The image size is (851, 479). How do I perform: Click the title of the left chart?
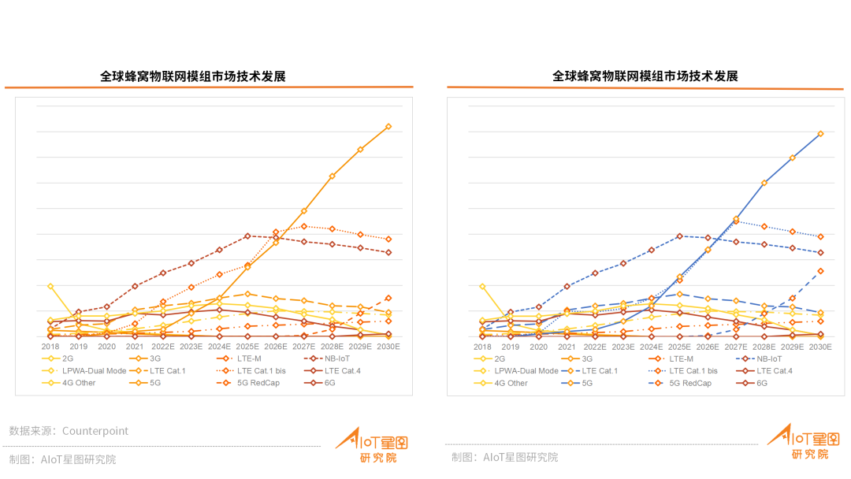tap(193, 76)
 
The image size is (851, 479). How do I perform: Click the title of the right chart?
tap(645, 76)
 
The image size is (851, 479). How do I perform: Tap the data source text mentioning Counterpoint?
tap(69, 431)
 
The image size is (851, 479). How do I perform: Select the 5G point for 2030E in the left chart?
tap(388, 126)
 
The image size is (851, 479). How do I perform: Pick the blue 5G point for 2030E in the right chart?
tap(820, 134)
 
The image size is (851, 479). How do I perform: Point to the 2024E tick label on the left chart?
tap(220, 347)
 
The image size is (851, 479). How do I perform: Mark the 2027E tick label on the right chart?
tap(736, 347)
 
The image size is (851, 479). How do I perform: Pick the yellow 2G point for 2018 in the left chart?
tap(50, 286)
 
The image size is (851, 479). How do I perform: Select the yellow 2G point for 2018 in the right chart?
tap(482, 286)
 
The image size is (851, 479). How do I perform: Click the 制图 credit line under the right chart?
tap(504, 457)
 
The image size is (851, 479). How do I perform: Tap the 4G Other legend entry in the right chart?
tap(511, 383)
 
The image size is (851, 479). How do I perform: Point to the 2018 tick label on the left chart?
tap(50, 347)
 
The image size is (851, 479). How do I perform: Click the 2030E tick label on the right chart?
tap(820, 347)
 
